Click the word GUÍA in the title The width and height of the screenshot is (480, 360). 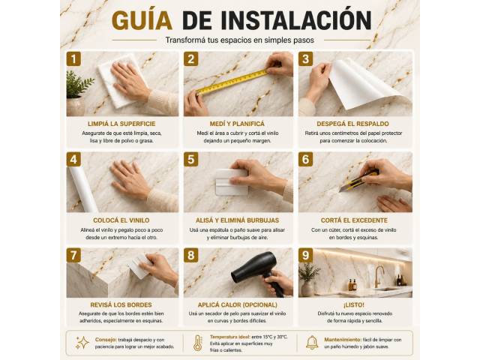(x=142, y=20)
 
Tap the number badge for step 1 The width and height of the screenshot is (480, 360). (x=73, y=58)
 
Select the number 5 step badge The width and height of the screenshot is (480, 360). (x=191, y=160)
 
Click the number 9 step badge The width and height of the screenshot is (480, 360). (x=305, y=255)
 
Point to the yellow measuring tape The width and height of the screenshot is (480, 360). (x=232, y=82)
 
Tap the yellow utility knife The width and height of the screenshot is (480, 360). (x=358, y=181)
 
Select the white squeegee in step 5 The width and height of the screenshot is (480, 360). (x=232, y=182)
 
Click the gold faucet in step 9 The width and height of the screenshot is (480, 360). (x=379, y=275)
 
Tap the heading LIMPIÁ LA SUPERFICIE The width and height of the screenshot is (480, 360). (x=121, y=124)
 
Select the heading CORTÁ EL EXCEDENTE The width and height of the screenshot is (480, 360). (x=354, y=220)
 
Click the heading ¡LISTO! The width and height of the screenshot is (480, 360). (x=354, y=305)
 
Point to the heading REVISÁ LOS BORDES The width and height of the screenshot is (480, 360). (x=121, y=305)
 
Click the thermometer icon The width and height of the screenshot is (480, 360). (x=198, y=343)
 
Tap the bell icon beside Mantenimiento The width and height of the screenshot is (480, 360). (x=312, y=343)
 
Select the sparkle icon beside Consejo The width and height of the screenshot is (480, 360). (x=82, y=343)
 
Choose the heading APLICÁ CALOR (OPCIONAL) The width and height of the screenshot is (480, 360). (x=238, y=305)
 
